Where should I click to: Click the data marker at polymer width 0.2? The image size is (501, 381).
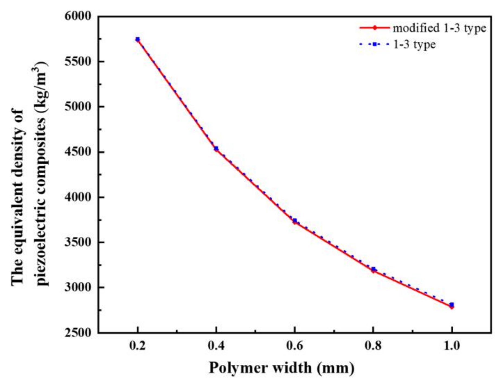point(138,39)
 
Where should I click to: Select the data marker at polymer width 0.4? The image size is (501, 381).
point(216,148)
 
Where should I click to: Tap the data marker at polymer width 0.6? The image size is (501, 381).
point(295,221)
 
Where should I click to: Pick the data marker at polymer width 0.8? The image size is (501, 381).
point(373,269)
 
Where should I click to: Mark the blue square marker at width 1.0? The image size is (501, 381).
point(452,305)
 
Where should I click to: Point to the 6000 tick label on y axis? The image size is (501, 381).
point(78,16)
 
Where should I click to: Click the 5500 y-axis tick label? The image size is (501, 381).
point(78,62)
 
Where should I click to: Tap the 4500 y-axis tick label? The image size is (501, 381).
point(78,152)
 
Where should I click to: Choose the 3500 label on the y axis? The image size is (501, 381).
point(78,242)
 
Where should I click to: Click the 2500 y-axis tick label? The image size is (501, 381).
point(78,332)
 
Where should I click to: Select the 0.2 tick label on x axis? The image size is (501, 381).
point(138,346)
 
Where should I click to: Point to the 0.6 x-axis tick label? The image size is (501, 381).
point(295,346)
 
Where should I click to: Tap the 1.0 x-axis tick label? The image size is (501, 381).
point(452,346)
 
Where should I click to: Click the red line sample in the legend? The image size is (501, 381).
point(374,28)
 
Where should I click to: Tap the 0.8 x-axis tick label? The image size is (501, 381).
point(373,346)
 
